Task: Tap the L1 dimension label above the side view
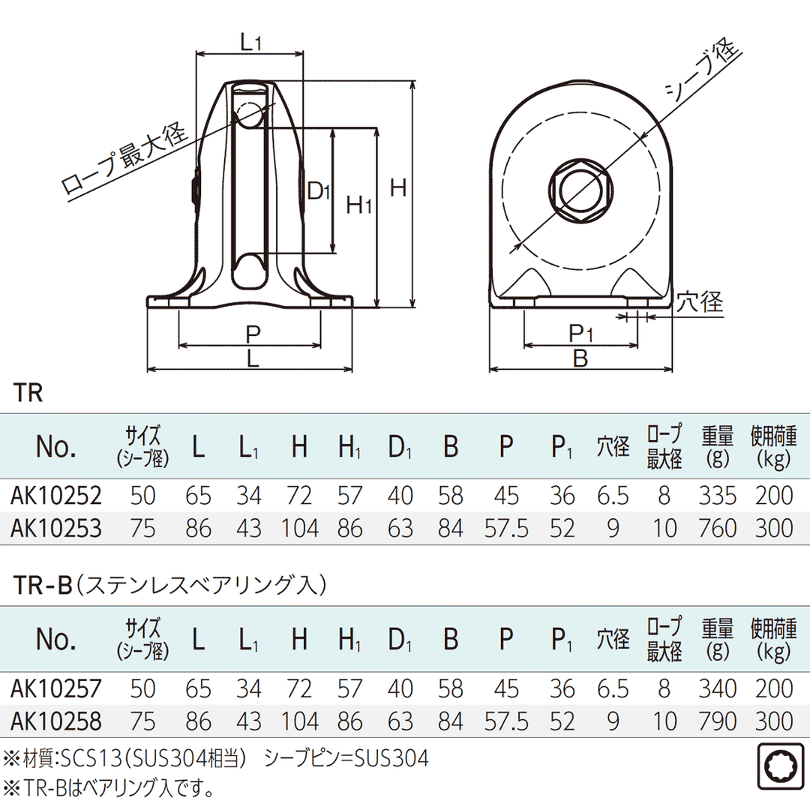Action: (250, 42)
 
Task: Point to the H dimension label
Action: (398, 187)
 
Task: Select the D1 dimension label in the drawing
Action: (319, 191)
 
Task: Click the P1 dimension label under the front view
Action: (580, 331)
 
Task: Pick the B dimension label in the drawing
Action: (580, 358)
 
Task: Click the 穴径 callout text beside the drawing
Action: (699, 301)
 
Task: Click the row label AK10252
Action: (55, 496)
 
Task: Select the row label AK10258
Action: (55, 721)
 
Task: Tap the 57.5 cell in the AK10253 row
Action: (506, 529)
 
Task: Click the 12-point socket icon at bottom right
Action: (780, 767)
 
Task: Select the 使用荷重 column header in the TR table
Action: (772, 445)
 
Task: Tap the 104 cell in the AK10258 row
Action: (300, 721)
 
